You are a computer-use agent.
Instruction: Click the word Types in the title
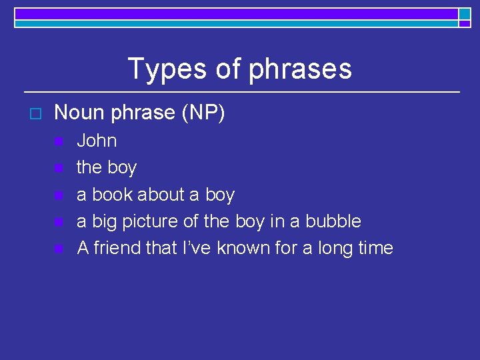pyautogui.click(x=164, y=69)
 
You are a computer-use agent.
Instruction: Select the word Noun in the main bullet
pyautogui.click(x=80, y=113)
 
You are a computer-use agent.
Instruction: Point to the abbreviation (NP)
pyautogui.click(x=203, y=113)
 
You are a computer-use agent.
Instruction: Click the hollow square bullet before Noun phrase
pyautogui.click(x=36, y=114)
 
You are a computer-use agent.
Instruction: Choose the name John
pyautogui.click(x=97, y=141)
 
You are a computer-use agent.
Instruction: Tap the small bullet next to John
pyautogui.click(x=59, y=141)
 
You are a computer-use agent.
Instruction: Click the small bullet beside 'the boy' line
pyautogui.click(x=59, y=169)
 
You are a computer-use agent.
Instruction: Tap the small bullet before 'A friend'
pyautogui.click(x=59, y=249)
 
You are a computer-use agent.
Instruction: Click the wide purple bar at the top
pyautogui.click(x=236, y=13)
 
